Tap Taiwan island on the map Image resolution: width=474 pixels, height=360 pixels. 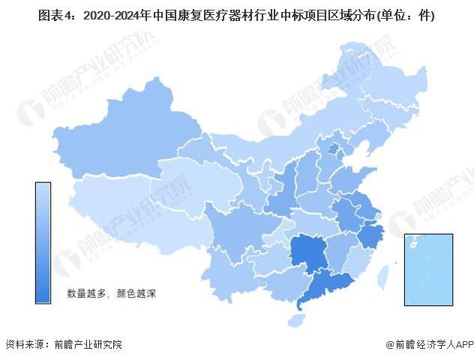pos(383,274)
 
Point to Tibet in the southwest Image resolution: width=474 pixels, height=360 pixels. pos(120,214)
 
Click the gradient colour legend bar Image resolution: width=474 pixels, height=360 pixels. pos(43,242)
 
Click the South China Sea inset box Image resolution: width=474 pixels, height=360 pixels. pos(428,269)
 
